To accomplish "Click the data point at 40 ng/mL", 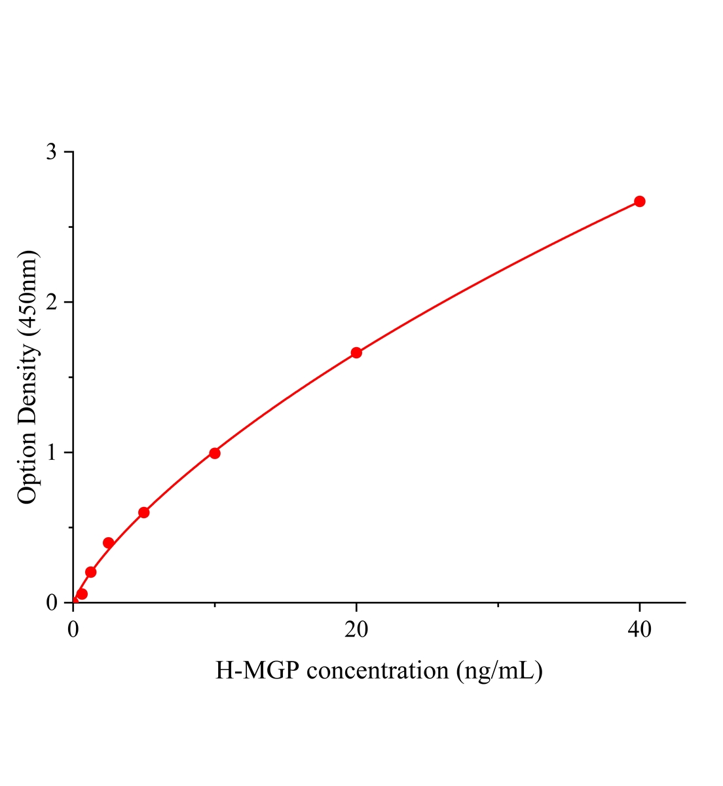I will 639,201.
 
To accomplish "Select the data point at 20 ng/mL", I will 356,352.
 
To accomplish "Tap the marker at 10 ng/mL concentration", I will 215,453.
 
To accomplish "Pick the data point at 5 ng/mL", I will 144,512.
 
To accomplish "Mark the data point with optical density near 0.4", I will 109,543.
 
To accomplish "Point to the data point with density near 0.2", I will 91,572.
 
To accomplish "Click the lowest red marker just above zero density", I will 82,594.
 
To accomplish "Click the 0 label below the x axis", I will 73,629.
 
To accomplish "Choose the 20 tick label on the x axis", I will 356,629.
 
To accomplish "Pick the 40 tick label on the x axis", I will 639,629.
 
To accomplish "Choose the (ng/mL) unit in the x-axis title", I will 500,671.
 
